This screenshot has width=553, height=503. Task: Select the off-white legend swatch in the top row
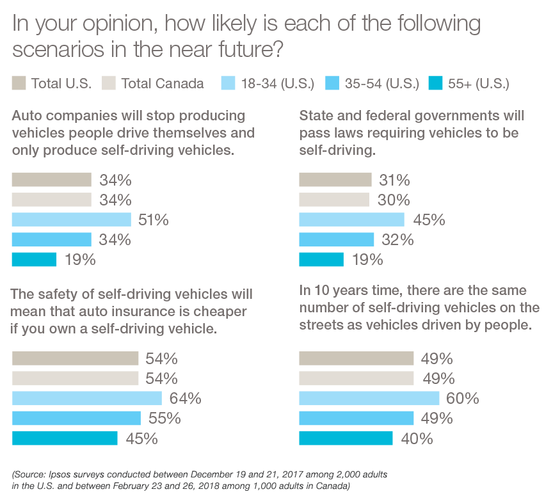click(x=106, y=82)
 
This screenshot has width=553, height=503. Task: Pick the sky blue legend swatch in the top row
click(x=331, y=76)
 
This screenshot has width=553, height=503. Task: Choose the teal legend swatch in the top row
click(x=435, y=76)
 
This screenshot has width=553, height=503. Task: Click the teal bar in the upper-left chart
click(x=36, y=262)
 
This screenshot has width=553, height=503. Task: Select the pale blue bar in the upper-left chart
click(x=72, y=218)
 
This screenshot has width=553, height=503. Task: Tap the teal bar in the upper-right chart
click(x=306, y=262)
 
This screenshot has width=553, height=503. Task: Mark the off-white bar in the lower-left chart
click(x=76, y=377)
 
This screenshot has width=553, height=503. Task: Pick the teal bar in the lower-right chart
click(x=314, y=436)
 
